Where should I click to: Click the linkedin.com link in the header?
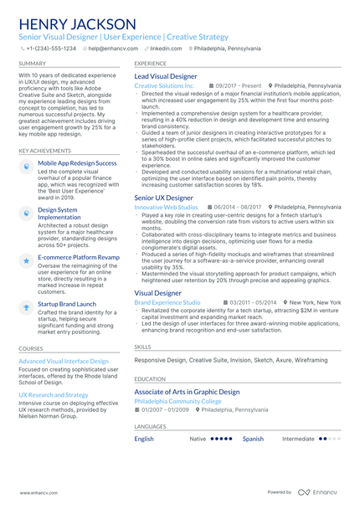click(166, 49)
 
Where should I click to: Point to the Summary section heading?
click(33, 63)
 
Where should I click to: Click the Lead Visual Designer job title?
click(166, 76)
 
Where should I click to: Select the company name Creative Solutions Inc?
click(164, 86)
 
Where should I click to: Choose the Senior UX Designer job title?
click(162, 198)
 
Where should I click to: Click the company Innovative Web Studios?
click(166, 207)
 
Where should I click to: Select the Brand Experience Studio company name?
click(167, 302)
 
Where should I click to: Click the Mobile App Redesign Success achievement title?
click(77, 163)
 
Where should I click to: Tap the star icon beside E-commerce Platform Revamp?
click(26, 261)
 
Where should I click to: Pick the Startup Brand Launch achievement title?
click(67, 304)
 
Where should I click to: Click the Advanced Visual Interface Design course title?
click(63, 361)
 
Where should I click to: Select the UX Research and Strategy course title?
click(53, 394)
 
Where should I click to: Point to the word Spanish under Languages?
click(253, 438)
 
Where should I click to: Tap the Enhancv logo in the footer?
click(320, 493)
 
